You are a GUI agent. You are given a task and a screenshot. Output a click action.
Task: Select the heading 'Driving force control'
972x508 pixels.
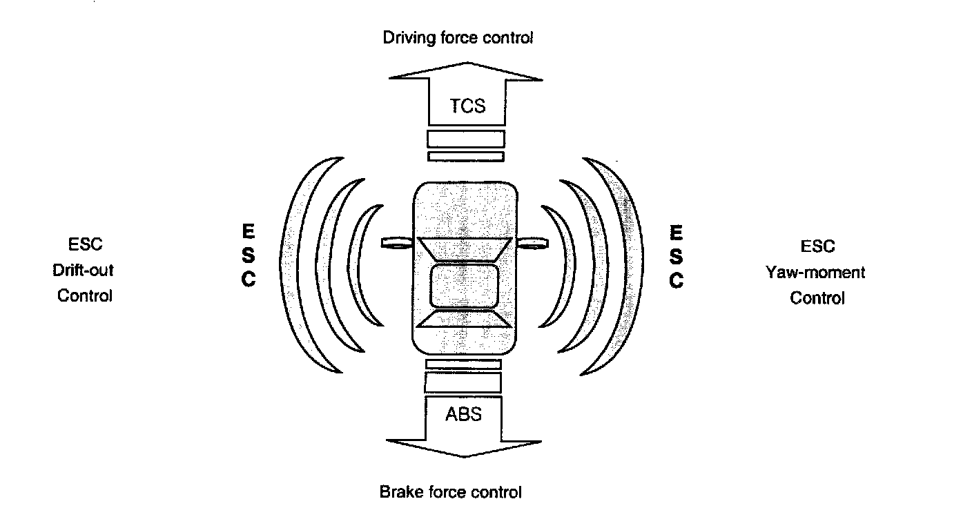pyautogui.click(x=458, y=37)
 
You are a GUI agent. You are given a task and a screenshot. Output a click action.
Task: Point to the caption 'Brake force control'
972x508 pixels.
pyautogui.click(x=450, y=492)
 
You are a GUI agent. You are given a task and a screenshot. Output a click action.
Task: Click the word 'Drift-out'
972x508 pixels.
pyautogui.click(x=84, y=270)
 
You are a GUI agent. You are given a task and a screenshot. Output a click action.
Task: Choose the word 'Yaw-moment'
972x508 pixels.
pyautogui.click(x=815, y=272)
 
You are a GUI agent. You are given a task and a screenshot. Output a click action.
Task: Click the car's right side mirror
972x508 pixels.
pyautogui.click(x=532, y=242)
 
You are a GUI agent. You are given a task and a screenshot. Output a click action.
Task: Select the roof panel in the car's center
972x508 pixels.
pyautogui.click(x=464, y=285)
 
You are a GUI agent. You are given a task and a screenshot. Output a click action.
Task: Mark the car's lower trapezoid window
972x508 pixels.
pyautogui.click(x=464, y=319)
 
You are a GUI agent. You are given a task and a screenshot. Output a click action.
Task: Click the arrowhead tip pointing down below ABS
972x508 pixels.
pyautogui.click(x=464, y=456)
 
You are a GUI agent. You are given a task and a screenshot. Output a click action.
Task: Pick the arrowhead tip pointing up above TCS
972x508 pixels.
pyautogui.click(x=464, y=63)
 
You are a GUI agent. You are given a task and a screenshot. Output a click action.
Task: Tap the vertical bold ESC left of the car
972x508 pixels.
pyautogui.click(x=248, y=255)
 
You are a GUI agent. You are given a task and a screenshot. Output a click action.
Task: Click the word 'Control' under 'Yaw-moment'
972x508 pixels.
pyautogui.click(x=817, y=298)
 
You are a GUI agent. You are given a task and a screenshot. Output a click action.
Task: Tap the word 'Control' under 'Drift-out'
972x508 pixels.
pyautogui.click(x=84, y=295)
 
